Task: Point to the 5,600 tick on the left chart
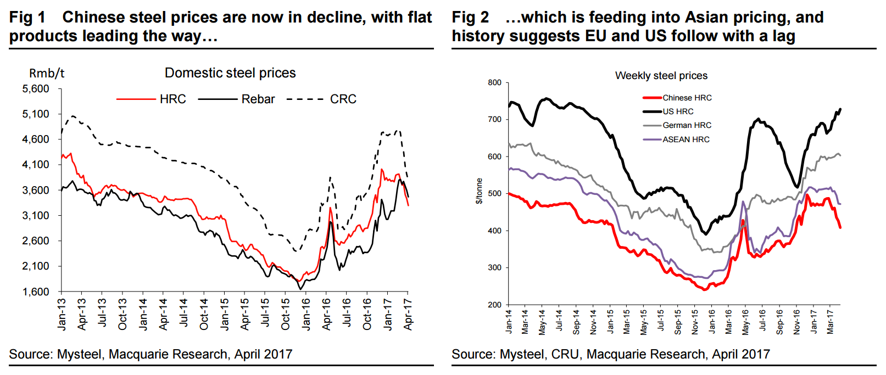point(36,89)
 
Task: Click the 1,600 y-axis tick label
point(36,292)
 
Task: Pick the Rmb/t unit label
point(47,74)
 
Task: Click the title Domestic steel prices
point(230,73)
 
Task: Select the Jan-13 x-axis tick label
point(62,314)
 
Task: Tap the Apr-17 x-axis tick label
point(408,314)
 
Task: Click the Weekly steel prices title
point(661,76)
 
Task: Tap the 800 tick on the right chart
point(494,83)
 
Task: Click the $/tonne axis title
point(479,191)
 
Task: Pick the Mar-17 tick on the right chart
point(831,321)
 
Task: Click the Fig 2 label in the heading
point(470,18)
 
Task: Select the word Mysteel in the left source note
point(79,355)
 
